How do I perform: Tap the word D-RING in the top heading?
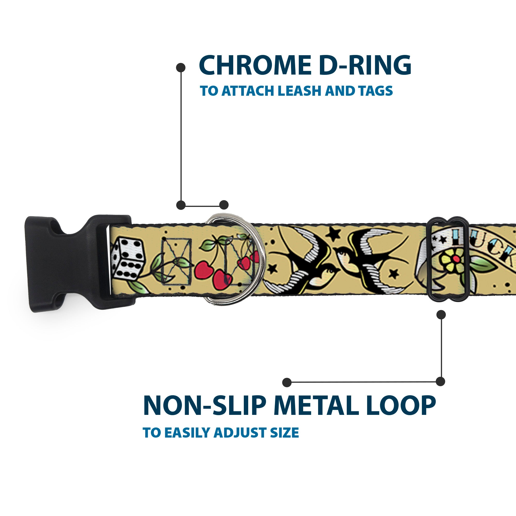[x=365, y=66]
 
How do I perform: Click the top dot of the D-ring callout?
[x=181, y=68]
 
